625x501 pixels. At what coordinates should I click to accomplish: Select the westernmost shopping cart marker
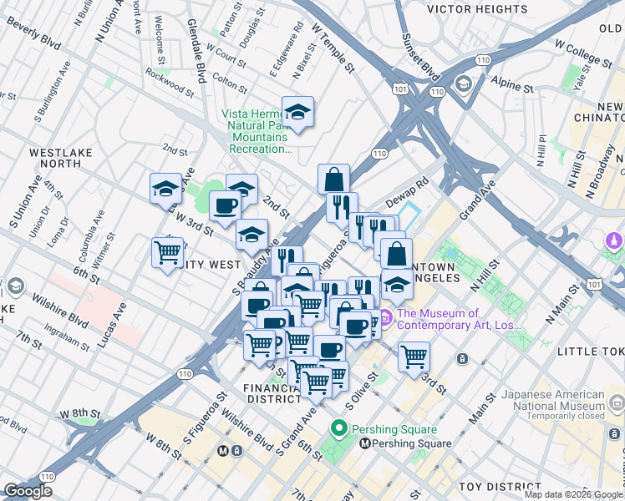[168, 251]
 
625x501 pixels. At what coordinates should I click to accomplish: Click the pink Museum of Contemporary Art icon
[385, 316]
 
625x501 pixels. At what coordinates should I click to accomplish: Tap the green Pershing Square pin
[338, 430]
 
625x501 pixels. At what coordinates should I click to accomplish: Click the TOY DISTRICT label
[492, 486]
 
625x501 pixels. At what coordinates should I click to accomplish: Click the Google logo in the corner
[28, 490]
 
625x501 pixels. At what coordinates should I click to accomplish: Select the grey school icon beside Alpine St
[463, 83]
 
